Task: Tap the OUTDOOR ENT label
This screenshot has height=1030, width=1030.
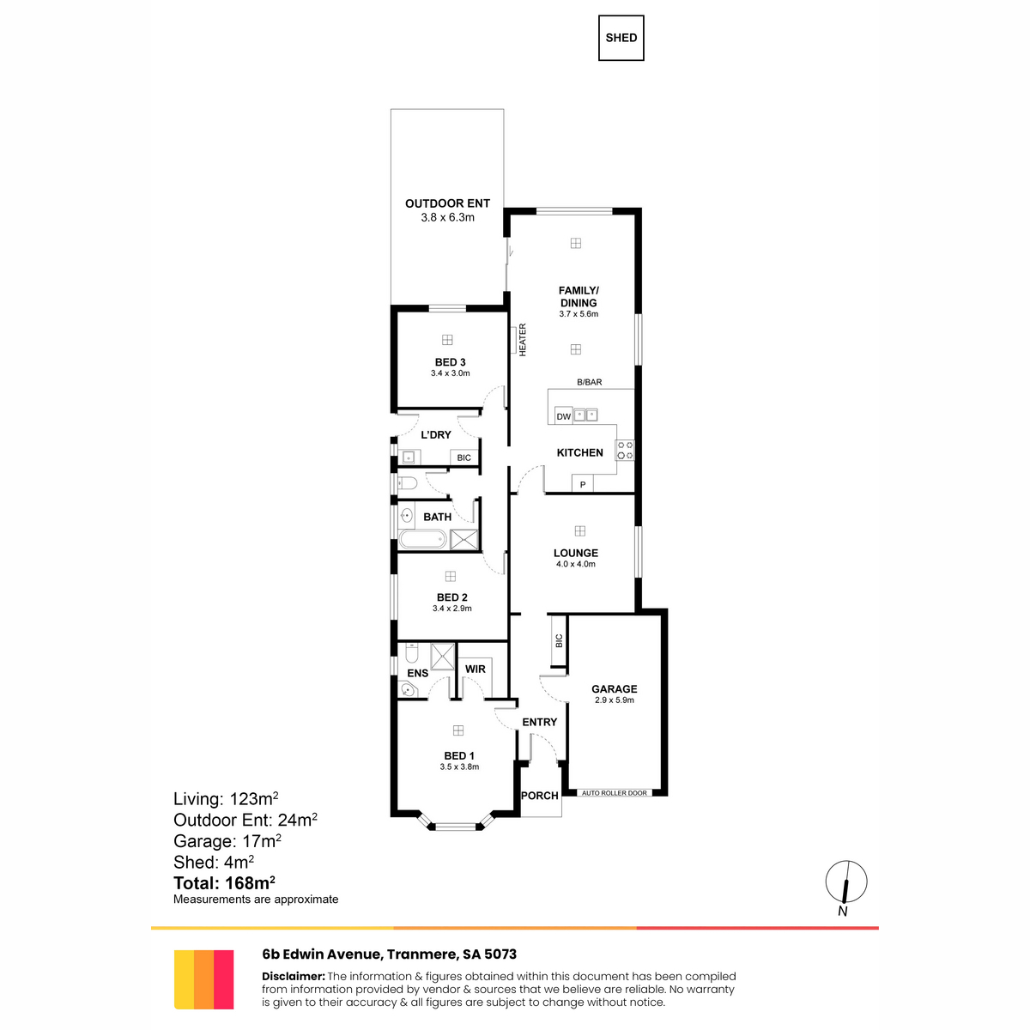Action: coord(447,203)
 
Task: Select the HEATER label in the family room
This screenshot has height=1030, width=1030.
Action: coord(522,339)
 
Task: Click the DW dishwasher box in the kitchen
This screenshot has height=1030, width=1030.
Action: coord(564,416)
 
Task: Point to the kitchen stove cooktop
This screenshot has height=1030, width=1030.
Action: coord(625,450)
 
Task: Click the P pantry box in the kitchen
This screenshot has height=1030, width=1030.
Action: coord(583,484)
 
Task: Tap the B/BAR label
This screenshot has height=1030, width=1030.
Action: coord(589,382)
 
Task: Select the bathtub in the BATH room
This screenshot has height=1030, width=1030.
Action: coord(423,539)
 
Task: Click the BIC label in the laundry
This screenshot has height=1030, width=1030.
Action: coord(464,457)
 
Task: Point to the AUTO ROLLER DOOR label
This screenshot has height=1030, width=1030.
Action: coord(615,793)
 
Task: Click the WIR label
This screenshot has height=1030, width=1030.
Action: coord(476,669)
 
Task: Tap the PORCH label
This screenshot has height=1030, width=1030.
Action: coord(539,796)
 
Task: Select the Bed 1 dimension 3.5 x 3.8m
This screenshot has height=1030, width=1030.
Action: coord(459,766)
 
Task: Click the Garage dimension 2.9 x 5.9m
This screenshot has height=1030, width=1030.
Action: coord(615,700)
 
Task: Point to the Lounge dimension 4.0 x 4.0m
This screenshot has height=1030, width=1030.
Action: coord(576,564)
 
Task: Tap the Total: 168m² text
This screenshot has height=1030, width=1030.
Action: coord(224,883)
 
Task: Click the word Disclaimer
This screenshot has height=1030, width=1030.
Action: coord(293,976)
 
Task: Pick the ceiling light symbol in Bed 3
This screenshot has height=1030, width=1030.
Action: coord(447,340)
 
